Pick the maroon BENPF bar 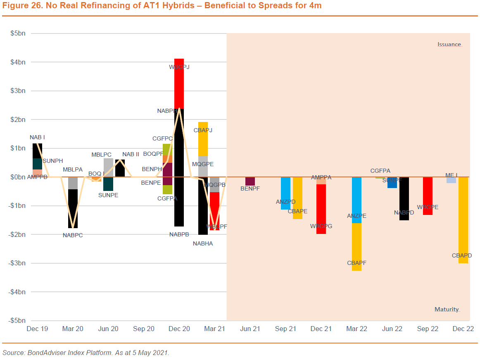[x=250, y=181]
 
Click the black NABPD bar [x=404, y=198]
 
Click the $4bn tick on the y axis [x=18, y=62]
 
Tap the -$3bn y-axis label [x=17, y=263]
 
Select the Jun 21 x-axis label [x=250, y=329]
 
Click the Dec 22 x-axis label [x=463, y=329]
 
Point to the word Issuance [x=449, y=44]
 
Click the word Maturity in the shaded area [x=447, y=309]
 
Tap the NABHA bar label [x=203, y=244]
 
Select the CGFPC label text [x=162, y=139]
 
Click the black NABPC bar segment [x=73, y=208]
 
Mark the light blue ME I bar [x=451, y=180]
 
